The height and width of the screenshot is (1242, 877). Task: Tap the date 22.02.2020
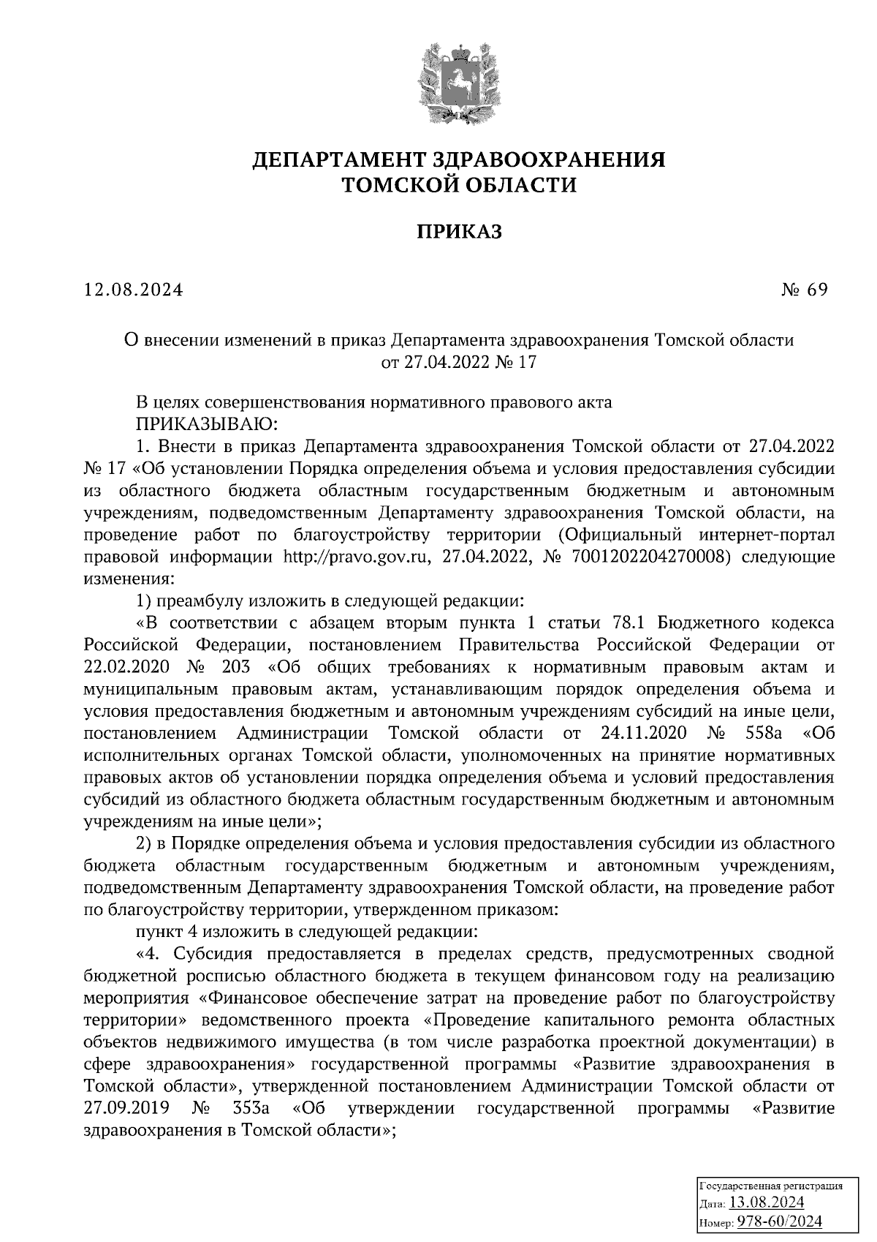[x=126, y=667]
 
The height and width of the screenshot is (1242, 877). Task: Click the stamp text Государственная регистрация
[x=772, y=1186]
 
